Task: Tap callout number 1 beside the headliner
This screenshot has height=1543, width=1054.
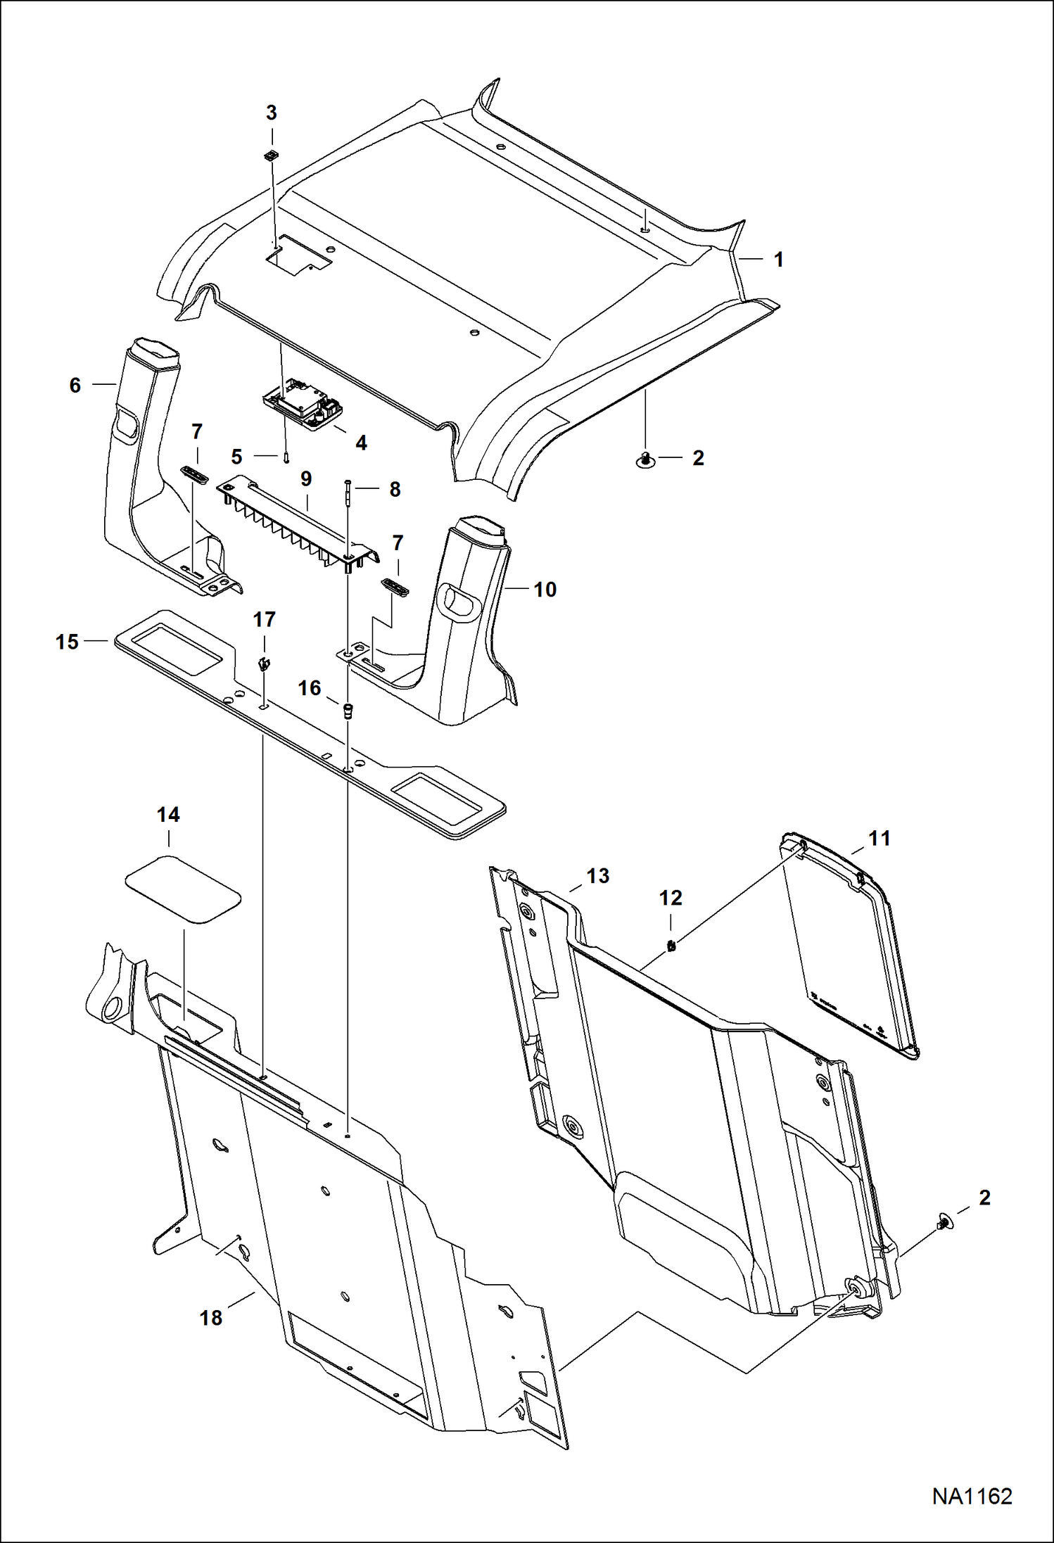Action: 778,260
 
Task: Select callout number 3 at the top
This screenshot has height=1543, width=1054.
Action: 272,113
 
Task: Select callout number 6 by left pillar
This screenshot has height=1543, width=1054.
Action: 75,385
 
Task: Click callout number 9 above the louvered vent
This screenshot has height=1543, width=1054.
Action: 306,479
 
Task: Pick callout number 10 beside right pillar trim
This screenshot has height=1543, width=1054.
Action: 545,590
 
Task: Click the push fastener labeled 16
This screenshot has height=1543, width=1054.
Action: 347,710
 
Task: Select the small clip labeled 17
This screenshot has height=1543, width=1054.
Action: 263,663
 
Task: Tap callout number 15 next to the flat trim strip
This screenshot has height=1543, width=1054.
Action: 68,642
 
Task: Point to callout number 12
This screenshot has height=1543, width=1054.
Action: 671,898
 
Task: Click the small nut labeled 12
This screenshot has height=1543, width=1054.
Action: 671,946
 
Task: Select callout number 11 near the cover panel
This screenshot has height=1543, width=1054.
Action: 880,838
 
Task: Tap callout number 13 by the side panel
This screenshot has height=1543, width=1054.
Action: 597,876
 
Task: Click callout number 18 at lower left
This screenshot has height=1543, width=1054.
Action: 211,1318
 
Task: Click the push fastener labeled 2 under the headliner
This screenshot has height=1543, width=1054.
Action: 645,459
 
